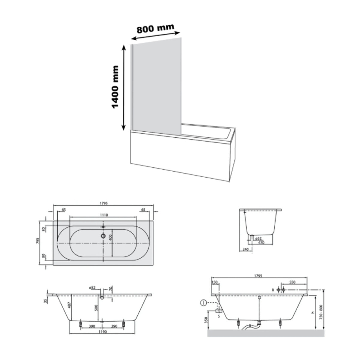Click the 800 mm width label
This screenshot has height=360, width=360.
click(x=155, y=28)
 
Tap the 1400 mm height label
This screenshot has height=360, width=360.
click(x=115, y=87)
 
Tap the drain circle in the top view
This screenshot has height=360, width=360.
click(x=103, y=236)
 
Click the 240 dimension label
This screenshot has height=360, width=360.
click(x=245, y=249)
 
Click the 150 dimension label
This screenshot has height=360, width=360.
click(x=214, y=282)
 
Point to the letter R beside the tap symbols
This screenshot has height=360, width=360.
click(x=273, y=290)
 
